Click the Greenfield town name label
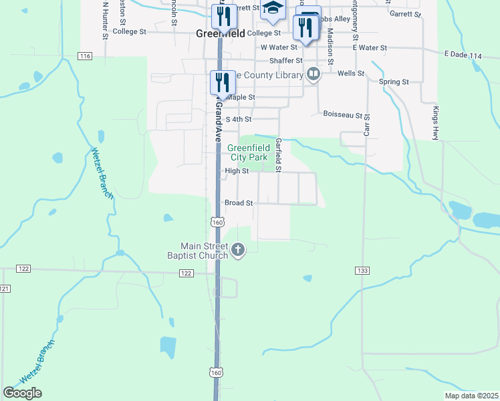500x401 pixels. click(x=220, y=33)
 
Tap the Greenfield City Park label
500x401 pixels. click(x=247, y=152)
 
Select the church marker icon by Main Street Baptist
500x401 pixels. click(x=238, y=251)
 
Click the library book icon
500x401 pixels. click(x=312, y=74)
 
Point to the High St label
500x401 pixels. click(x=237, y=171)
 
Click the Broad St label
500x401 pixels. click(x=239, y=203)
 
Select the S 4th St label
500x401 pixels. click(x=238, y=119)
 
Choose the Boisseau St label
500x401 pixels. click(x=342, y=115)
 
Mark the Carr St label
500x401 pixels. click(x=367, y=124)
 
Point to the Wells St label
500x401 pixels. click(x=350, y=73)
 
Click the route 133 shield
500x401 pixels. click(x=362, y=270)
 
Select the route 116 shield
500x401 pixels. click(x=84, y=56)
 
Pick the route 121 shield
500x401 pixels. click(x=5, y=288)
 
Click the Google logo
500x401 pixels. click(x=23, y=392)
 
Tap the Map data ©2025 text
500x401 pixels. click(x=471, y=396)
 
